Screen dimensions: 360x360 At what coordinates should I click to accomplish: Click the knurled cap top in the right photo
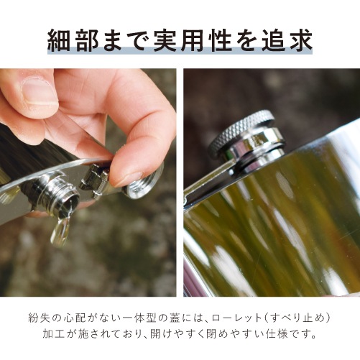[x=241, y=131]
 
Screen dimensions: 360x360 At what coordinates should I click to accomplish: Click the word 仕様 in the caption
[x=287, y=336]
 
